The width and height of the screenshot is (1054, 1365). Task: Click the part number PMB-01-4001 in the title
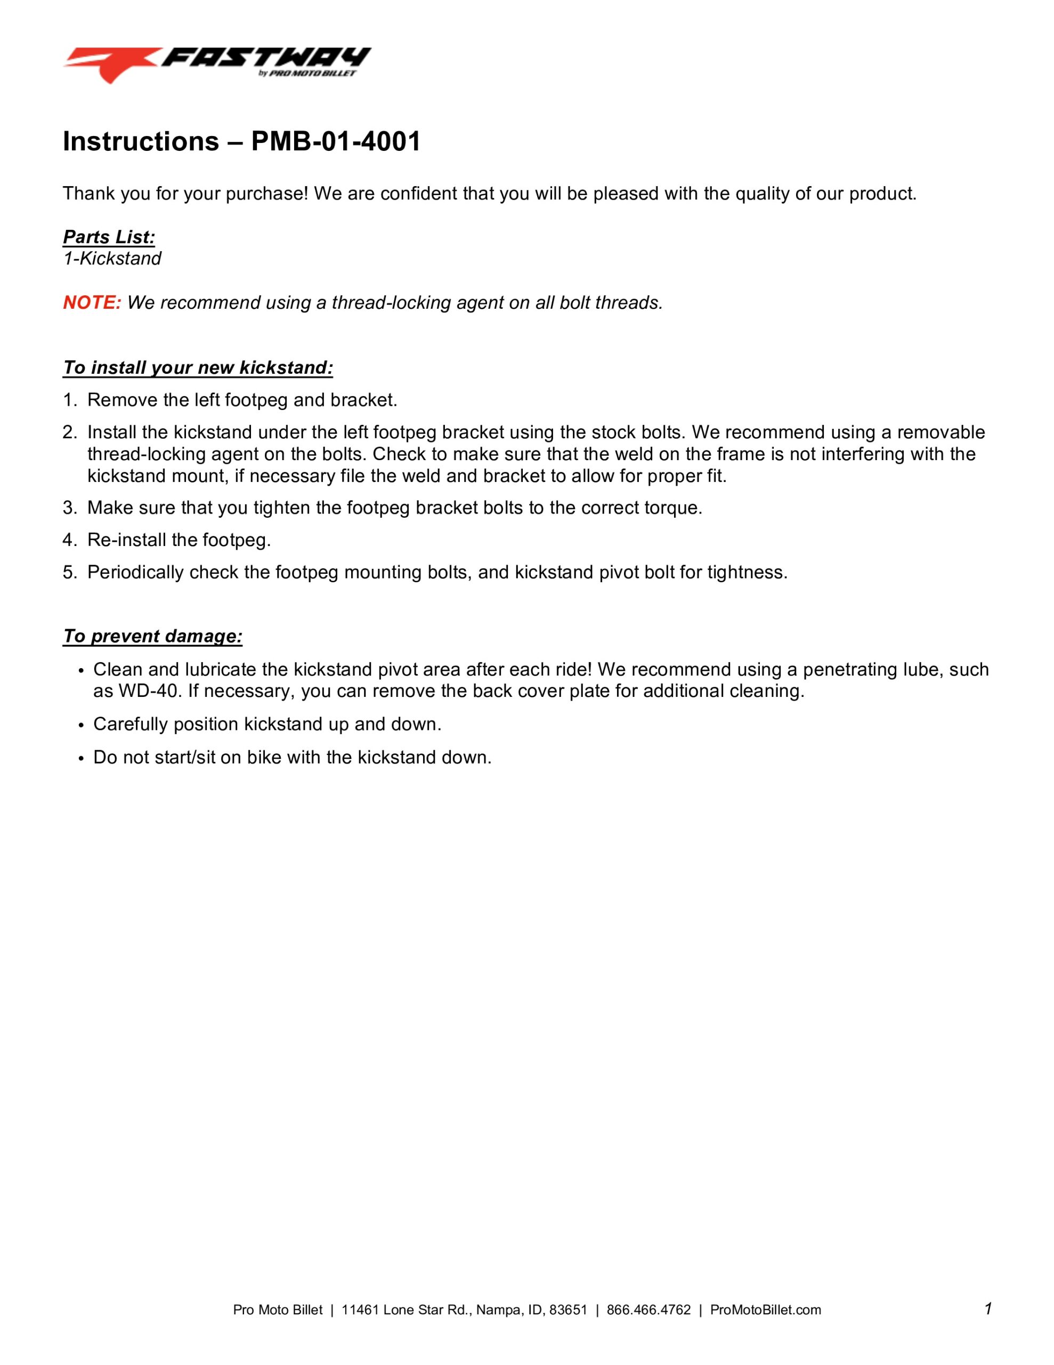[x=336, y=141]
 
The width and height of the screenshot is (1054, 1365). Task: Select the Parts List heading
[x=109, y=237]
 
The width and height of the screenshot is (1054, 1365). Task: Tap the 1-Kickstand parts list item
[x=112, y=258]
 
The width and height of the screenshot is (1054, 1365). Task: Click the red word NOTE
[x=92, y=302]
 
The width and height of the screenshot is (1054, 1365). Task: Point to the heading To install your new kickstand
[x=198, y=367]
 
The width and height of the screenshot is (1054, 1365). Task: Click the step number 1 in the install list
[x=68, y=400]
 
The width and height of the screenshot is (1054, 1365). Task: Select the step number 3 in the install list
[x=68, y=508]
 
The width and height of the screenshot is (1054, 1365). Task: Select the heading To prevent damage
[x=152, y=636]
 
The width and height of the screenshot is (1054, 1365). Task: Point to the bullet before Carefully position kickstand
[x=80, y=725]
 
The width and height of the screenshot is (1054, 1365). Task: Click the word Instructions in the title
[x=141, y=141]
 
